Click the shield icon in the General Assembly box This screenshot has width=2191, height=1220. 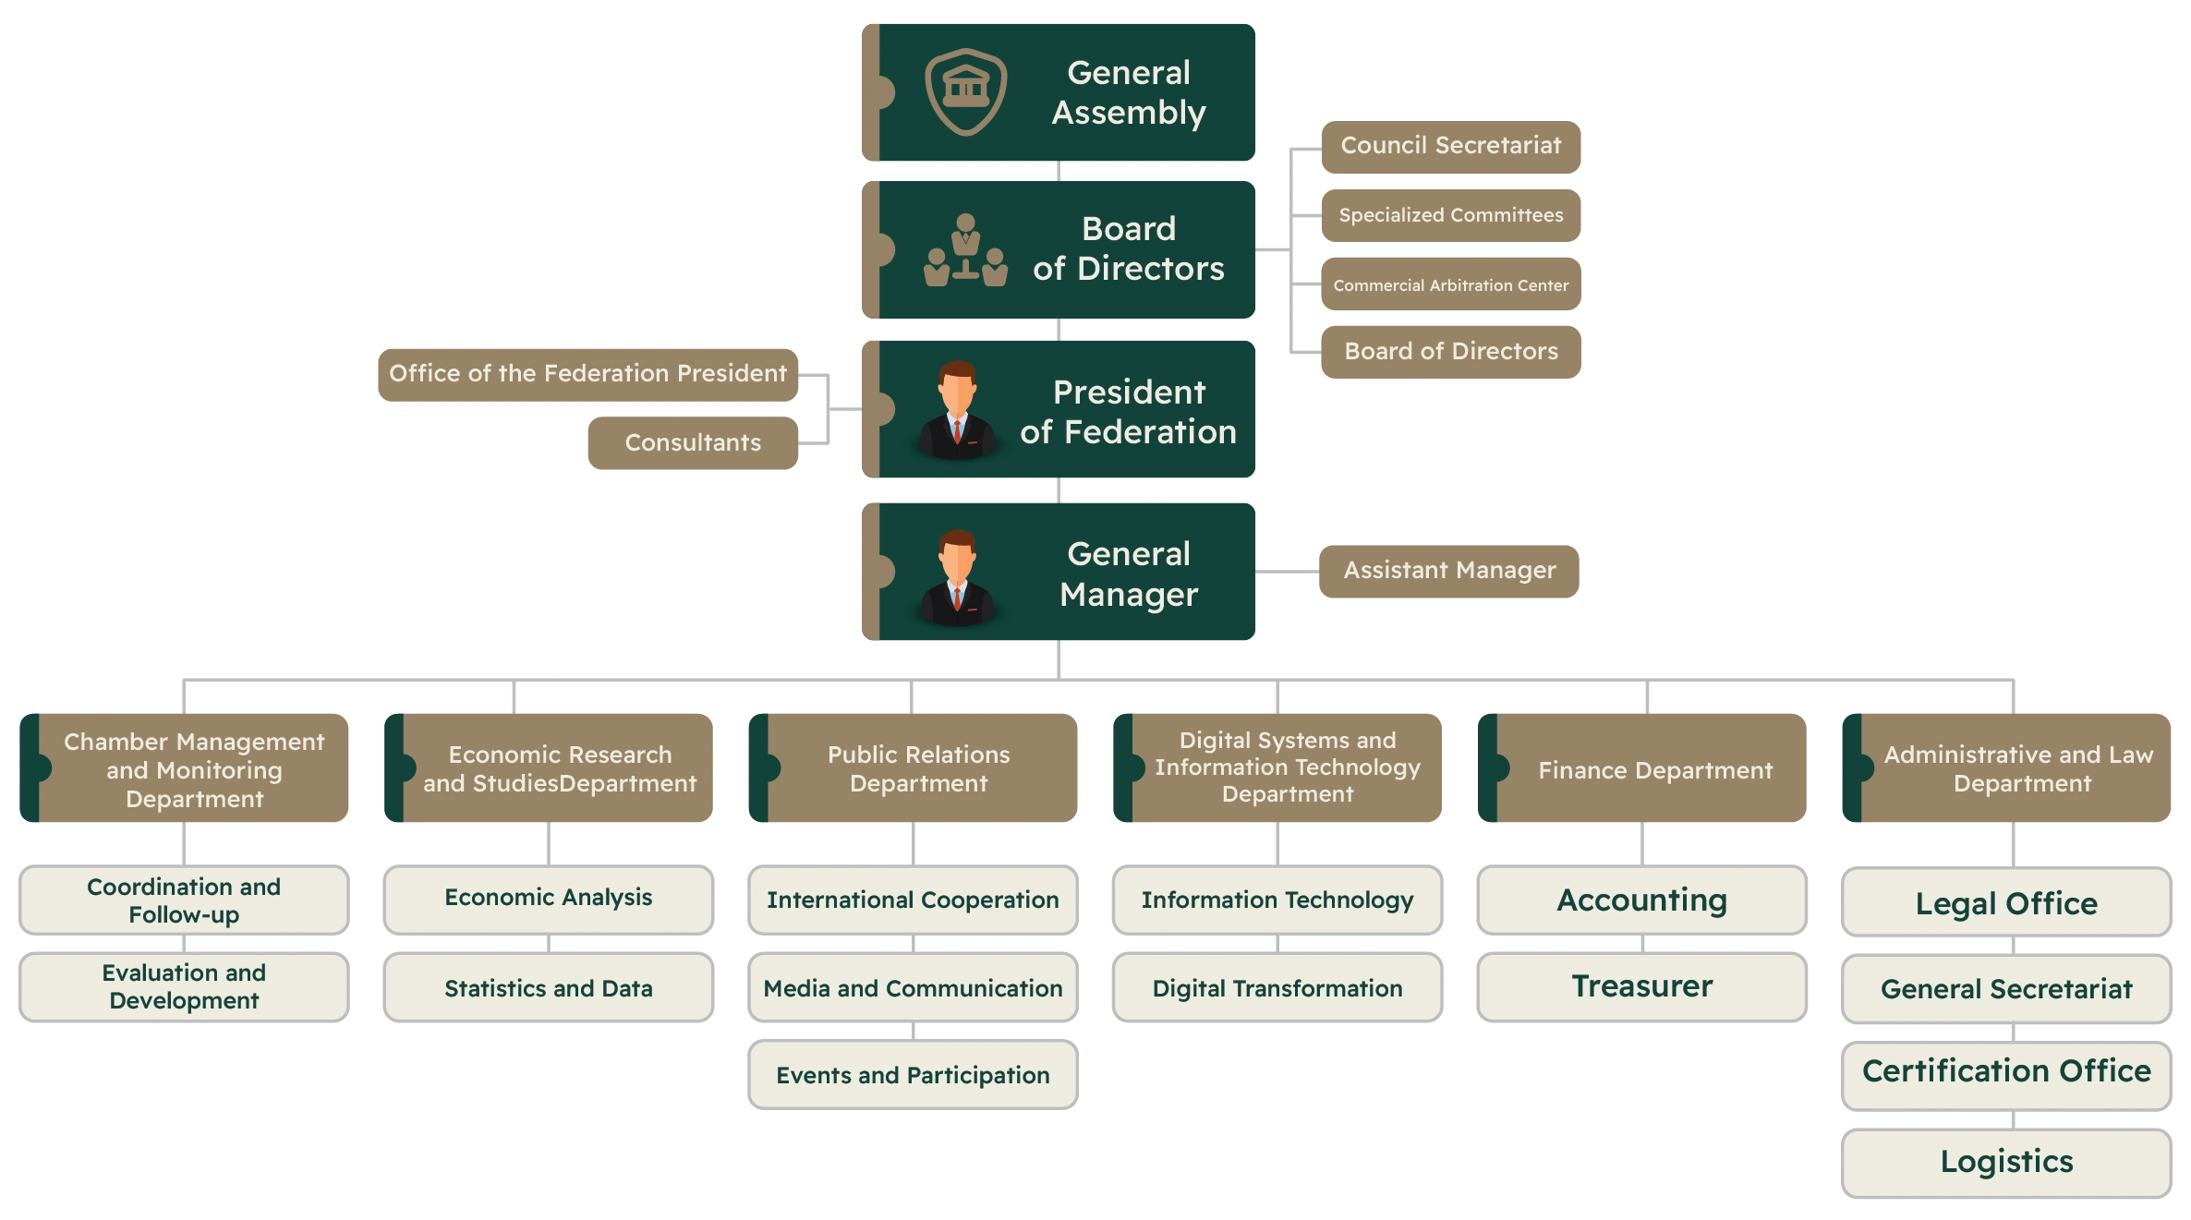click(x=966, y=91)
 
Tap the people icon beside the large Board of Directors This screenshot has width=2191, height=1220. click(x=965, y=250)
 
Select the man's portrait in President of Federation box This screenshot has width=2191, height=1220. click(x=958, y=410)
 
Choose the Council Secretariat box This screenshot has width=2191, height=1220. click(x=1450, y=146)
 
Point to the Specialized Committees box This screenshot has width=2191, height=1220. click(x=1450, y=215)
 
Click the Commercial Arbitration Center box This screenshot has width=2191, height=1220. click(x=1450, y=285)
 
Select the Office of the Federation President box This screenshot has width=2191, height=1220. click(x=587, y=374)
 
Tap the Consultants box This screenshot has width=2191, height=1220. click(x=693, y=443)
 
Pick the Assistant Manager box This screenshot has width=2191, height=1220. click(x=1449, y=571)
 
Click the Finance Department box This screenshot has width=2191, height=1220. click(x=1653, y=770)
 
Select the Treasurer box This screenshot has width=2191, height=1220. click(x=1642, y=986)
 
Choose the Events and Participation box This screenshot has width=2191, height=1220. click(x=913, y=1075)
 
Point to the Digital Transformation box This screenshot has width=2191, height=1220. click(x=1277, y=988)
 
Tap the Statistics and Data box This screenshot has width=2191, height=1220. click(x=549, y=988)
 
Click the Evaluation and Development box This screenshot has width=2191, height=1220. click(x=185, y=986)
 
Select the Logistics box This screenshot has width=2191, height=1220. click(x=2006, y=1162)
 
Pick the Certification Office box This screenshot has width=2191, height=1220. click(x=2006, y=1071)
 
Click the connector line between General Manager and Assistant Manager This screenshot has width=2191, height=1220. click(x=1286, y=573)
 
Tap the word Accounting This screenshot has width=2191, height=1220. click(x=1642, y=900)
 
